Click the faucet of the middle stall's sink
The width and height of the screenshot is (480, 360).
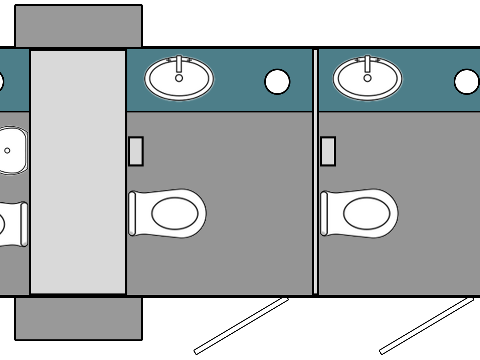(x=179, y=63)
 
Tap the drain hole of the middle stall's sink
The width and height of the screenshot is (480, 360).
(x=179, y=78)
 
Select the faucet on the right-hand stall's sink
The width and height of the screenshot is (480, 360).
(x=368, y=63)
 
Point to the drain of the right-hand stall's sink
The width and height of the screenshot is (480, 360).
(x=368, y=78)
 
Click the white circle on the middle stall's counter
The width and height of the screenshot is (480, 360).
(x=277, y=82)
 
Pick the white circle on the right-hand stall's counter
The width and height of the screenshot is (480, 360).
(x=466, y=82)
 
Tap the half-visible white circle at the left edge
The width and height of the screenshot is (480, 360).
(x=1, y=82)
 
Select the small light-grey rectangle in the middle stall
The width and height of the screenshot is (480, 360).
(x=136, y=151)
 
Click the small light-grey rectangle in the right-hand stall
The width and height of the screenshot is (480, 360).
(x=328, y=151)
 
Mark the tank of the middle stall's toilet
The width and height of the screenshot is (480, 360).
(x=132, y=213)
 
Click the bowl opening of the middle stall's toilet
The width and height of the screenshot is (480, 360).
(x=175, y=213)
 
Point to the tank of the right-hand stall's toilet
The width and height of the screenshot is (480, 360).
(x=324, y=213)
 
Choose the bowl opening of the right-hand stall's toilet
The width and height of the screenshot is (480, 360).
(x=367, y=213)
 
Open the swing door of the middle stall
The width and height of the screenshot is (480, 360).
(x=241, y=326)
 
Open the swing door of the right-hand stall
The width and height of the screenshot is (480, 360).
(x=427, y=326)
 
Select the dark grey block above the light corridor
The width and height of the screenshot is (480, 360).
(x=78, y=26)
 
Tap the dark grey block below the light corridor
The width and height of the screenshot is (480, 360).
(x=78, y=318)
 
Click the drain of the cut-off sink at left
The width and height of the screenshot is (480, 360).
(x=7, y=151)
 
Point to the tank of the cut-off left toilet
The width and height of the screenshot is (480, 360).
(x=24, y=224)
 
